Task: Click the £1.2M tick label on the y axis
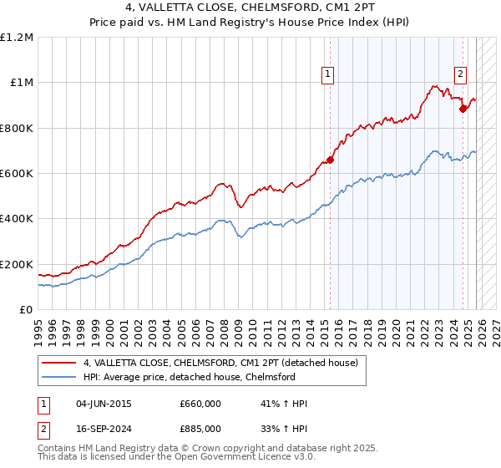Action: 18,37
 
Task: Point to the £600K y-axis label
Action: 17,173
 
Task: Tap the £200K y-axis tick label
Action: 17,264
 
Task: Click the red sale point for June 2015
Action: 330,160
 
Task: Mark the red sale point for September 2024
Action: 463,108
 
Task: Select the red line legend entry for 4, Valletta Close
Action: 220,363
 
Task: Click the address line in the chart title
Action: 250,10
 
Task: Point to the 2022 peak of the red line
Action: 434,85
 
